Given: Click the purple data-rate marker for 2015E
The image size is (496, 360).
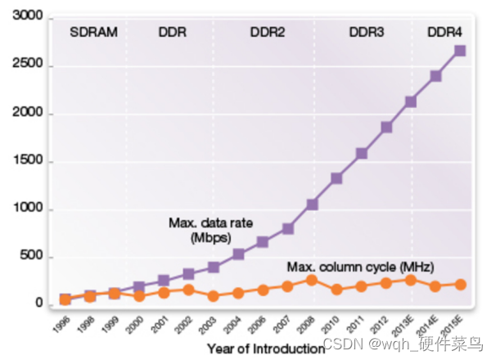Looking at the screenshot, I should [460, 51].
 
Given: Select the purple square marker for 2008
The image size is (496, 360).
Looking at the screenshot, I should [312, 205].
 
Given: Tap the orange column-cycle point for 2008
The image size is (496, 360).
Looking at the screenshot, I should [312, 280].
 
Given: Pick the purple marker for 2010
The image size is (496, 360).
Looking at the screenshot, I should [336, 178].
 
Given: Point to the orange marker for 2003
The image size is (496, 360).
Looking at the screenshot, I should [213, 296].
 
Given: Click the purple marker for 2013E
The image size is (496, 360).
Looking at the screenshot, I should [411, 102].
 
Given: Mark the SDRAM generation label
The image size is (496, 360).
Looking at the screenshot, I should [94, 34].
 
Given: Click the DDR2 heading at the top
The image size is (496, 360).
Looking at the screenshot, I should [268, 34].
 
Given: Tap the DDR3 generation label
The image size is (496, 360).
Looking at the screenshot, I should [367, 34].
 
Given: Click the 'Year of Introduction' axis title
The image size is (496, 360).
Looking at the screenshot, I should [266, 349].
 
